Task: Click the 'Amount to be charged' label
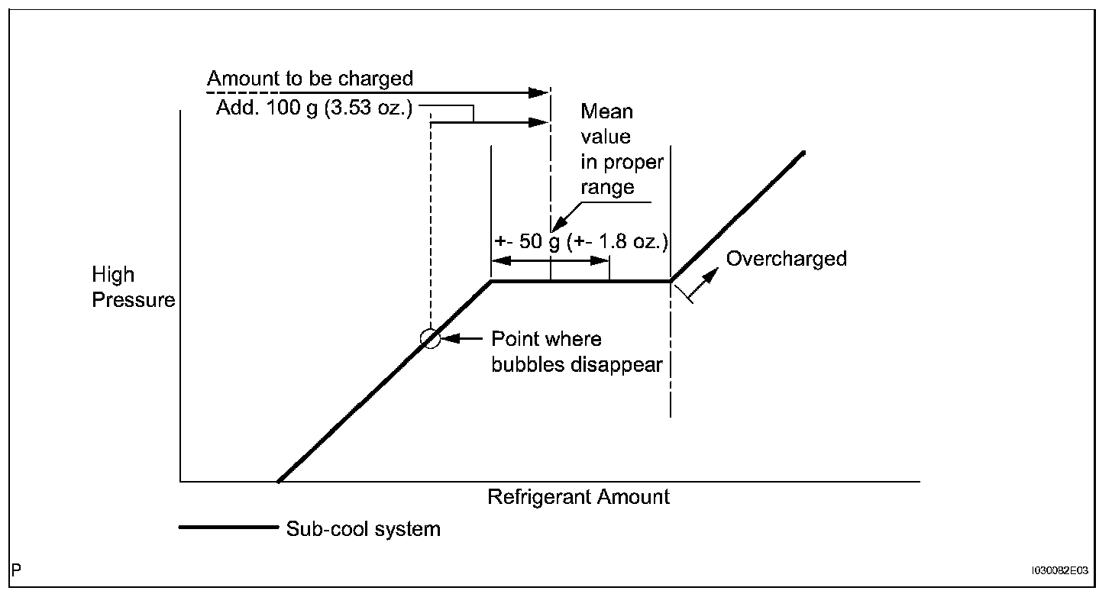pos(310,79)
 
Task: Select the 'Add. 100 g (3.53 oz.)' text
pos(314,108)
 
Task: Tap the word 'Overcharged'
pos(787,259)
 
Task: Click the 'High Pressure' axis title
pos(134,287)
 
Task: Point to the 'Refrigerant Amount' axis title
pos(578,497)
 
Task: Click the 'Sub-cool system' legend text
pos(364,529)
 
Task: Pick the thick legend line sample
pos(228,527)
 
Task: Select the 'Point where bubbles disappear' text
pos(577,352)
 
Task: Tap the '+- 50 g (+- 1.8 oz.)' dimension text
pos(581,242)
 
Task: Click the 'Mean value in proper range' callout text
pos(622,149)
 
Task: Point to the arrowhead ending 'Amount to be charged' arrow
pos(538,93)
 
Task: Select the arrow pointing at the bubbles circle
pos(461,339)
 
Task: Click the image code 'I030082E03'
pos(1060,570)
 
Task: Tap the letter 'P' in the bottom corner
pos(16,570)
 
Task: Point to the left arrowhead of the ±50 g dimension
pos(501,260)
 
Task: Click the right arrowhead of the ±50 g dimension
pos(600,260)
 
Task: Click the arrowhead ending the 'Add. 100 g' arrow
pos(538,122)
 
